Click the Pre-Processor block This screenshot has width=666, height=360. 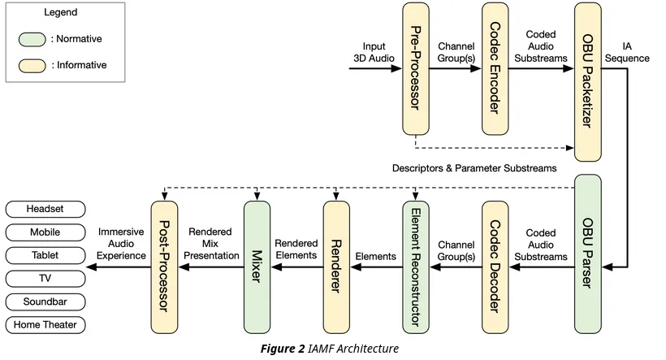415,69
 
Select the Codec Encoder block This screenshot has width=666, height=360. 495,69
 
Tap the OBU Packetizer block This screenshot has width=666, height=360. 587,81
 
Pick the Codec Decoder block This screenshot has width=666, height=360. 495,266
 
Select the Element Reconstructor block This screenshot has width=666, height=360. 415,266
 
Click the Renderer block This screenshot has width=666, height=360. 335,266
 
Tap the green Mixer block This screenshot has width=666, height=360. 257,266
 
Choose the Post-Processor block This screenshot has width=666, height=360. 165,266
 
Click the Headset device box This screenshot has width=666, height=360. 45,209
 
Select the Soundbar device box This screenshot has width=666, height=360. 45,302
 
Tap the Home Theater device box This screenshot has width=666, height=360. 45,325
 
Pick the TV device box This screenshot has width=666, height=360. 45,279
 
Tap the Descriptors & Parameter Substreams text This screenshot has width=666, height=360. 475,168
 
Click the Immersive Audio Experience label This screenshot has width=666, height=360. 122,244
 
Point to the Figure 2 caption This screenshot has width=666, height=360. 329,349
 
